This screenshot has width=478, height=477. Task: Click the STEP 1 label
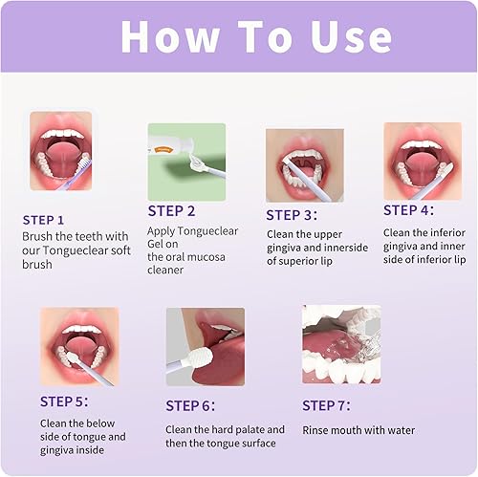tap(44, 219)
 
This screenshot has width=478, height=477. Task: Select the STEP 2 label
tap(171, 210)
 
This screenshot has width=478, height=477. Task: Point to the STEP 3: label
tap(297, 215)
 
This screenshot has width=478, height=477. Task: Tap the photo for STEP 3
tap(304, 163)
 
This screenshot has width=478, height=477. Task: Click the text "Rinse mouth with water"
tap(358, 430)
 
